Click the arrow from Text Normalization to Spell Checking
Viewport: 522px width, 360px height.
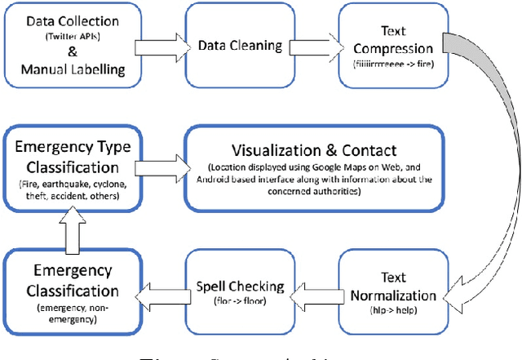[x=312, y=287]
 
